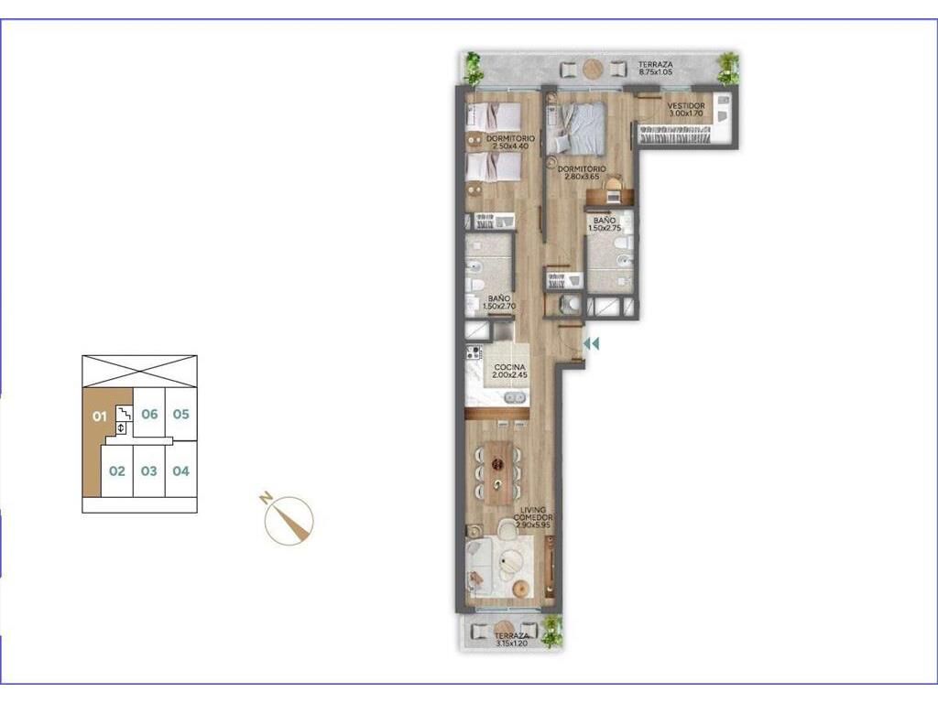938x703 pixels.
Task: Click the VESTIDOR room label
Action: pos(686,106)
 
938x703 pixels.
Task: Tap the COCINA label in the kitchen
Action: pos(509,368)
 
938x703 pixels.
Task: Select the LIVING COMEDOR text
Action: pos(533,514)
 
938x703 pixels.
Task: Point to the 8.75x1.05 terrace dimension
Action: pos(656,71)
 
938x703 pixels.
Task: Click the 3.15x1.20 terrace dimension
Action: pos(511,644)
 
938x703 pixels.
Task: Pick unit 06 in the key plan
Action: pos(149,414)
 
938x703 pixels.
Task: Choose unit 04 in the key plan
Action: pos(180,471)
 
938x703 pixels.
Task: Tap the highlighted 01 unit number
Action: pos(99,416)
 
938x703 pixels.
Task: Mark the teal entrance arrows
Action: pos(591,344)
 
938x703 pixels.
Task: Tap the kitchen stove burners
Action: pos(474,352)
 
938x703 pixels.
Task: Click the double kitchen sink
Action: pos(515,397)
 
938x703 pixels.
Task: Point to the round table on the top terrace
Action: pos(594,70)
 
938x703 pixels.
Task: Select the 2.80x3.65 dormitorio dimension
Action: pos(582,177)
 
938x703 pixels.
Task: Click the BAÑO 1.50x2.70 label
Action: pos(499,302)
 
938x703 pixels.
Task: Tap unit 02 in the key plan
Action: pos(117,471)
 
